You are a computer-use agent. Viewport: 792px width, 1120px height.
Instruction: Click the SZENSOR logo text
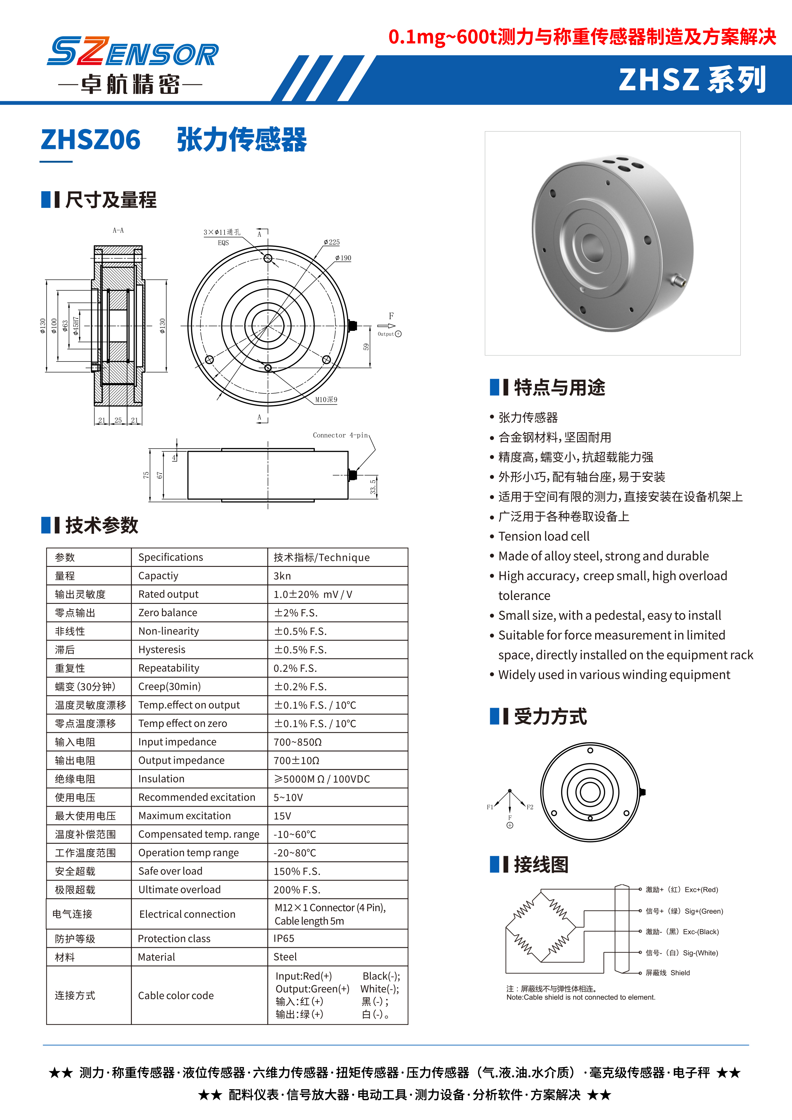click(x=133, y=52)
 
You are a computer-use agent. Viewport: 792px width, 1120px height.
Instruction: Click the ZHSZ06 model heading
click(x=91, y=140)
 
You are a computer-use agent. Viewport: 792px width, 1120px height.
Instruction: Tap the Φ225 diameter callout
click(x=331, y=242)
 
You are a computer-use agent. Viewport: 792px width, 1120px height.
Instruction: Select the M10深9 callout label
click(x=326, y=400)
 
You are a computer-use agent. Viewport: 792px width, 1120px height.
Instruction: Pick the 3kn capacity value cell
click(x=282, y=576)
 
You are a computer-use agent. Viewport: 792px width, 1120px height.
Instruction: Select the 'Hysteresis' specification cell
click(x=162, y=650)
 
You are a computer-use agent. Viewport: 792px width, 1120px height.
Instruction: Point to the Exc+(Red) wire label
click(x=682, y=889)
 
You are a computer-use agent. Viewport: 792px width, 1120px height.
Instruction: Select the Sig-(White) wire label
click(x=682, y=953)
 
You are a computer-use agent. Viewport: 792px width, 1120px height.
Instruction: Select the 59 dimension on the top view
click(x=366, y=347)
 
